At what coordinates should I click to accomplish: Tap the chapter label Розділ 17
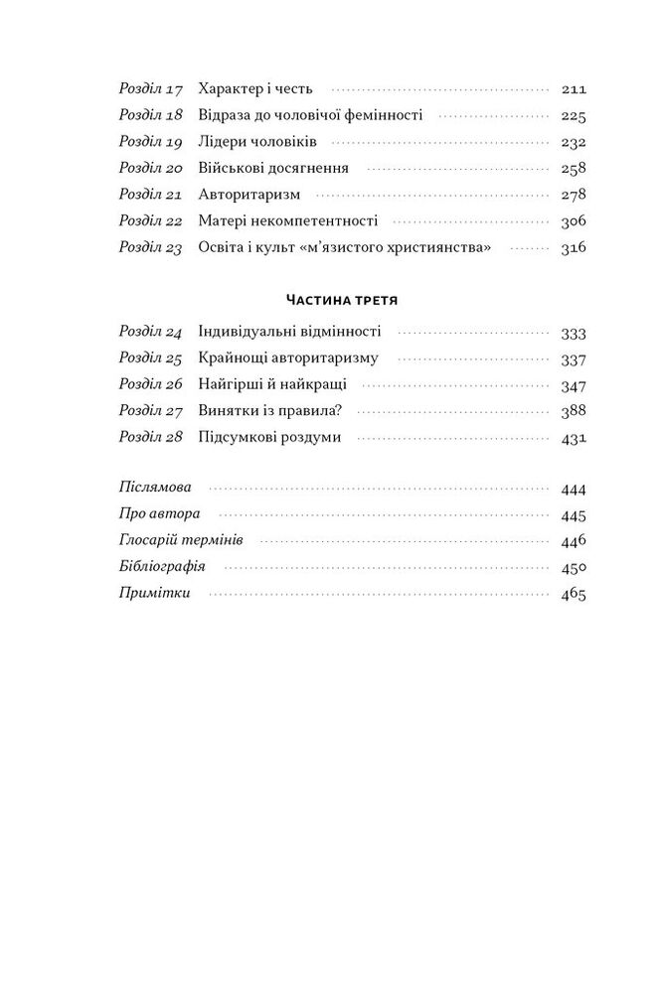click(151, 88)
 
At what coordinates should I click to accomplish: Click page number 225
click(574, 115)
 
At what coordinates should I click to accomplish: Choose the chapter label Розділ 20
click(151, 168)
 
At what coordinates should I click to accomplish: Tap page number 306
click(574, 221)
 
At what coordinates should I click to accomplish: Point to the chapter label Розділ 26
click(151, 384)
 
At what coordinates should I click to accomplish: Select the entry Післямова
click(156, 489)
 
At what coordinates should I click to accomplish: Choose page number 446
click(574, 541)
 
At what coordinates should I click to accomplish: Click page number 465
click(574, 595)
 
